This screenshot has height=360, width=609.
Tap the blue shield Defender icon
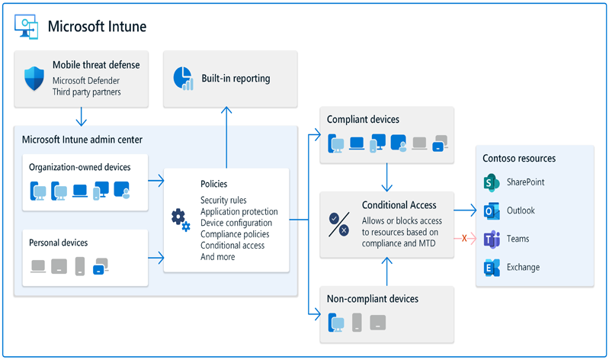[34, 78]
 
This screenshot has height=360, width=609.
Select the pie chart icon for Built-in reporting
[182, 78]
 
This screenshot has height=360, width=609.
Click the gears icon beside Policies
[181, 220]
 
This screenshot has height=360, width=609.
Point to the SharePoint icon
[490, 182]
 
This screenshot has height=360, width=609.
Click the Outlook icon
[490, 211]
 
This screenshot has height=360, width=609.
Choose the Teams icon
[490, 239]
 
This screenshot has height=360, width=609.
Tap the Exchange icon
[490, 267]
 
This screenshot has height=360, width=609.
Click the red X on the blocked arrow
[464, 239]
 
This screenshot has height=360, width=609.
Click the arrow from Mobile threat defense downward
[80, 117]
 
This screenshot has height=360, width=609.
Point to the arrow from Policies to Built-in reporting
[226, 137]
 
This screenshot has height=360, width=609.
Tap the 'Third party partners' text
[87, 92]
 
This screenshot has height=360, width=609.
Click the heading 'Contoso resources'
[519, 158]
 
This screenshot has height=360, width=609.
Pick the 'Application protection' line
[239, 211]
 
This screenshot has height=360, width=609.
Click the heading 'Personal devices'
[58, 243]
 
